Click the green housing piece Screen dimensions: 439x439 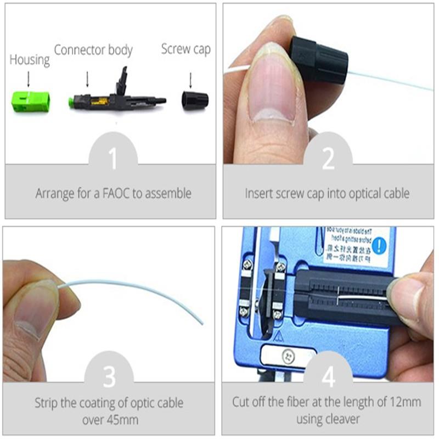point(31,101)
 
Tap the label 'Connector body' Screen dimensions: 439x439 point(93,50)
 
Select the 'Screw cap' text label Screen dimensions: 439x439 point(185,49)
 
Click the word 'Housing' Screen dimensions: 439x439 point(30,60)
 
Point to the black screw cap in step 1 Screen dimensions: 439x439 point(195,100)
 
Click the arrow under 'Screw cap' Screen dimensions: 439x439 point(190,81)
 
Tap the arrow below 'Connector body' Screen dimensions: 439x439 point(87,80)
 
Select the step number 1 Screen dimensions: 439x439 point(112,159)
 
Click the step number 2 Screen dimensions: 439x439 point(328,159)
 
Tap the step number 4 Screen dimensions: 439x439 point(328,378)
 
